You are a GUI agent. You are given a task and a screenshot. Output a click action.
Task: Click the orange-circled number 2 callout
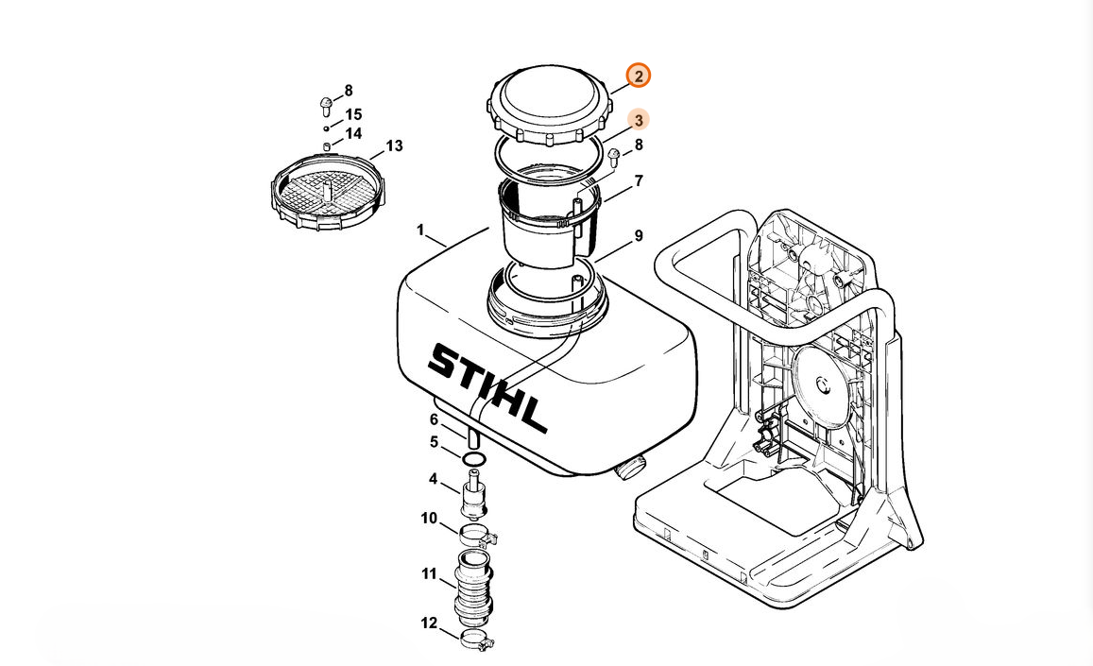click(639, 76)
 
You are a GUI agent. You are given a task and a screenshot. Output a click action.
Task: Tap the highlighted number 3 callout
click(638, 120)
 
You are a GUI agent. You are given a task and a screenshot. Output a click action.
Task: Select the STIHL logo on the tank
click(487, 385)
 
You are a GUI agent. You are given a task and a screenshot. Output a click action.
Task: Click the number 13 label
click(395, 145)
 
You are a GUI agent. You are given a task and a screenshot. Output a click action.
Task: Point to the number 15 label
click(353, 114)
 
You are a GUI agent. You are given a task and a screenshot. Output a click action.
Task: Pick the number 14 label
click(353, 133)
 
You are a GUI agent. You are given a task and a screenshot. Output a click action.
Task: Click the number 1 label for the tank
click(420, 230)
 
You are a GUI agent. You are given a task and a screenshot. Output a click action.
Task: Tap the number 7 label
click(639, 181)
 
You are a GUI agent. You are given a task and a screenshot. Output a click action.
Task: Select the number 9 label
click(639, 236)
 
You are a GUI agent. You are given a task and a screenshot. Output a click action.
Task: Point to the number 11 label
click(429, 574)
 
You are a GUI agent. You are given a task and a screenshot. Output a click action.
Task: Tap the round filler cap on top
click(549, 105)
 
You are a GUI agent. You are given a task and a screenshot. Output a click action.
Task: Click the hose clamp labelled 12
click(477, 637)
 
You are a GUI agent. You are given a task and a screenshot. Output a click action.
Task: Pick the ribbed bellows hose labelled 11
click(473, 587)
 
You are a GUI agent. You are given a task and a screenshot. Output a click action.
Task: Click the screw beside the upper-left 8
click(325, 106)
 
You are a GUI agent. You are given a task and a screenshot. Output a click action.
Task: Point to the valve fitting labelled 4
click(474, 496)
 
